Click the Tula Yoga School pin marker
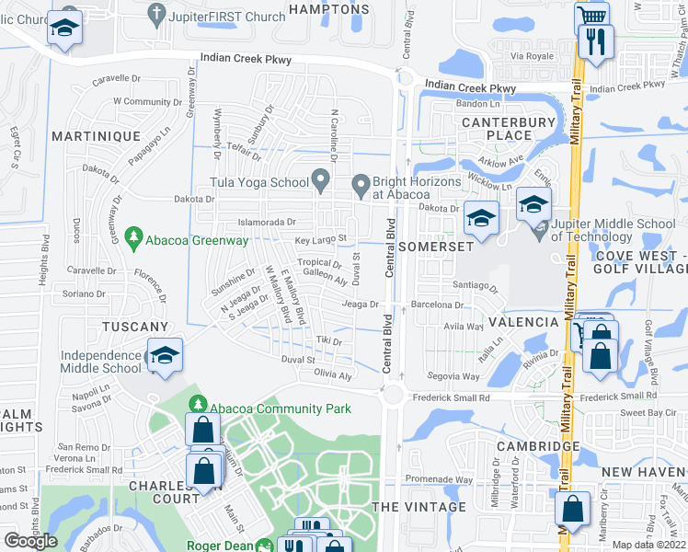tap(321, 181)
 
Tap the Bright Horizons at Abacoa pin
tap(359, 188)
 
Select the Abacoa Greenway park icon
tap(134, 239)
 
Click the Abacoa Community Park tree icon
tap(197, 405)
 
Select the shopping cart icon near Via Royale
tap(591, 17)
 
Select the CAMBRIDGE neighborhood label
tap(538, 446)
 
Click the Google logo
tap(31, 540)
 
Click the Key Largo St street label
tap(319, 239)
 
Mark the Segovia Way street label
tap(454, 376)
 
